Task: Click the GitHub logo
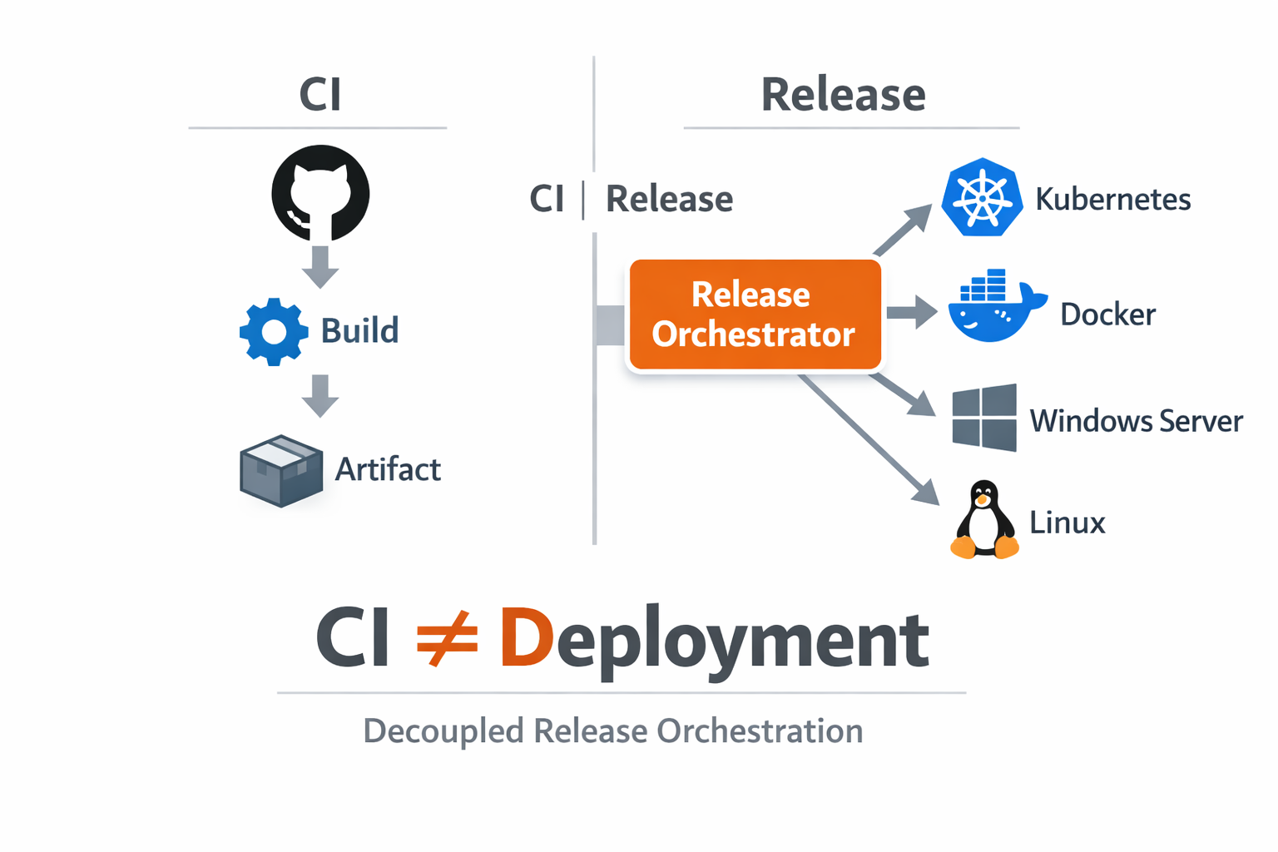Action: [x=320, y=193]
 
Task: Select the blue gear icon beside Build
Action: [x=274, y=331]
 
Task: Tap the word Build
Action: [x=359, y=331]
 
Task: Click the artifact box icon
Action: [x=281, y=470]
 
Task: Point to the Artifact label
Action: [x=388, y=470]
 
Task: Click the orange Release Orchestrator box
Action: [x=755, y=315]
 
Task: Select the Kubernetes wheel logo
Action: [x=982, y=198]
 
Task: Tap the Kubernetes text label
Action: [x=1112, y=200]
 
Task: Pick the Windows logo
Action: [x=984, y=418]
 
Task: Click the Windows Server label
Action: [x=1136, y=421]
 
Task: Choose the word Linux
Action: [x=1067, y=523]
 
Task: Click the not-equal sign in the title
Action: [x=447, y=639]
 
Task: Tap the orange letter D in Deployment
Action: [x=526, y=639]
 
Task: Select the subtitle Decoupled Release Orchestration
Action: [x=613, y=731]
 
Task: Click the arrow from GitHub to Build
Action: [x=320, y=265]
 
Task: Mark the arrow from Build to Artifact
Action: [x=320, y=395]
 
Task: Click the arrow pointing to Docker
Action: [x=912, y=313]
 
